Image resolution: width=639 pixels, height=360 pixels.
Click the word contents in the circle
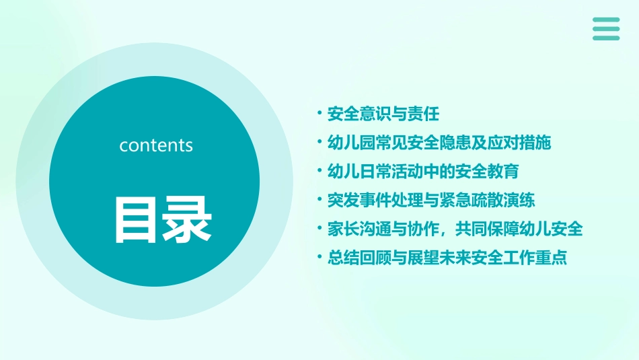(x=156, y=145)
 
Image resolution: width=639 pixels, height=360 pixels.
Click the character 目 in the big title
(x=137, y=219)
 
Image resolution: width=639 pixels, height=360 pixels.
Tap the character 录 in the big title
(x=187, y=219)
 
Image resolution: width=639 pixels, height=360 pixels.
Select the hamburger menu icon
(x=606, y=29)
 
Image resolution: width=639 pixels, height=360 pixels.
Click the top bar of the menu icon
(x=606, y=20)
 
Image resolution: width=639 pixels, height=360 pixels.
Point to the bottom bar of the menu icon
(x=606, y=38)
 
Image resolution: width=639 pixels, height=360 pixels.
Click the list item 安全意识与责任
(x=383, y=113)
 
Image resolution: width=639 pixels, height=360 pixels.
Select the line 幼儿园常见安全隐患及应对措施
(x=439, y=142)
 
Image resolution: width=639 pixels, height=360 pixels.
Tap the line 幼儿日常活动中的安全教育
(x=422, y=171)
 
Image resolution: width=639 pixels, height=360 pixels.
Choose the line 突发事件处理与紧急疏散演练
(x=430, y=200)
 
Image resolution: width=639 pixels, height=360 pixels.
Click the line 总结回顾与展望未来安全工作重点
(x=447, y=258)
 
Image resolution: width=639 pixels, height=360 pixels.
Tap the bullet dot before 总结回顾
(x=320, y=257)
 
